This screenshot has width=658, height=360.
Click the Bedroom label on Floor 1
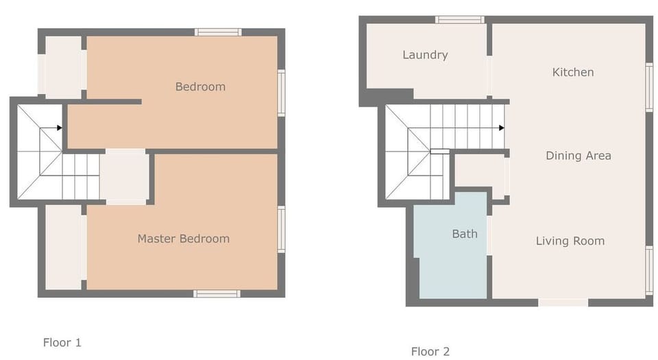click(x=200, y=86)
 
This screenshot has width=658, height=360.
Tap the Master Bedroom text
click(x=183, y=239)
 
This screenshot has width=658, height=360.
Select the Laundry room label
click(x=425, y=55)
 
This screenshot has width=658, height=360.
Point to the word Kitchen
click(x=573, y=72)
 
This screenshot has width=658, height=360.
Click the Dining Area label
click(x=578, y=156)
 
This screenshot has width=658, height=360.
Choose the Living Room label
click(x=570, y=241)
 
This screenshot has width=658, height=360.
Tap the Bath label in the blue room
click(x=464, y=234)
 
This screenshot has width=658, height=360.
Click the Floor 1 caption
click(x=62, y=342)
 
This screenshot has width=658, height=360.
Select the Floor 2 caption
click(x=430, y=352)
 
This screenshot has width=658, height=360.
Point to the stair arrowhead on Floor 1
click(x=60, y=128)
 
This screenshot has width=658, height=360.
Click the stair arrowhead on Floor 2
click(x=502, y=128)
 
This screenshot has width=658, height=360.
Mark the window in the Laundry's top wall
click(x=460, y=20)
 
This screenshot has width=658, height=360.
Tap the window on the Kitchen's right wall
click(x=648, y=87)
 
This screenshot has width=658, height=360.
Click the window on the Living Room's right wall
click(x=648, y=270)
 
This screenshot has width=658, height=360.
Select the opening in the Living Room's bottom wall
click(x=563, y=302)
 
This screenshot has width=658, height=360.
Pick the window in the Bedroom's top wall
click(x=217, y=32)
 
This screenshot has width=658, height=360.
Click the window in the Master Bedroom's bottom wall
click(x=217, y=293)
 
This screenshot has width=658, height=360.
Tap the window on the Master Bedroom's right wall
click(x=281, y=230)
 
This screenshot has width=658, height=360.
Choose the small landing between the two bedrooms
click(x=125, y=176)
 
